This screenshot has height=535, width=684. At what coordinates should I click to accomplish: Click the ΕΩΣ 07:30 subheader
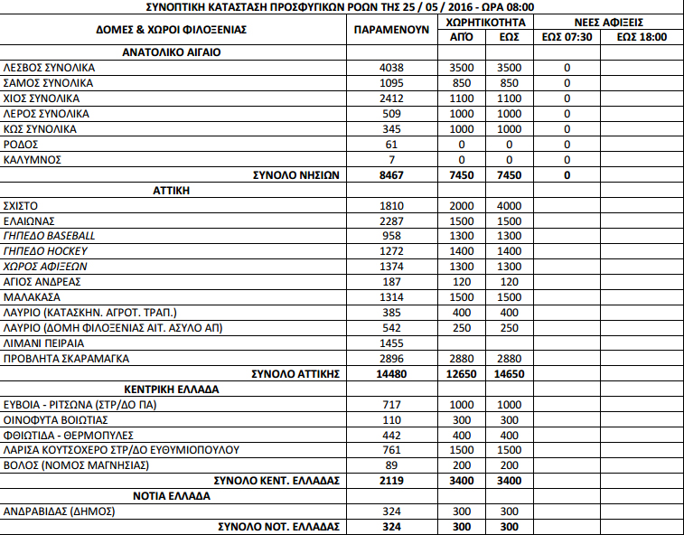click(567, 37)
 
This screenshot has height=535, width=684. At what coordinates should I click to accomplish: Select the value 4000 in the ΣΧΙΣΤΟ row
click(509, 206)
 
